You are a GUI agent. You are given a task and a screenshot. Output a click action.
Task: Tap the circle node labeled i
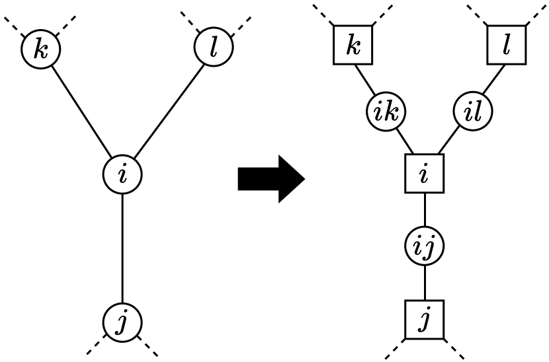[123, 174]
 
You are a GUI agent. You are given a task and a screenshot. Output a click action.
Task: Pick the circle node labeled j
[123, 323]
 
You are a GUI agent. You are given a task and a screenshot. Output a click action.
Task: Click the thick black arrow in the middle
[270, 178]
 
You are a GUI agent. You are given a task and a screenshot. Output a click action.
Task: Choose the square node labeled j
[424, 319]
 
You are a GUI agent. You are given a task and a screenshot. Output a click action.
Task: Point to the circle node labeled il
[474, 112]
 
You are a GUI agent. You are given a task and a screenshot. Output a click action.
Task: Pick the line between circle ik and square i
[403, 142]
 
